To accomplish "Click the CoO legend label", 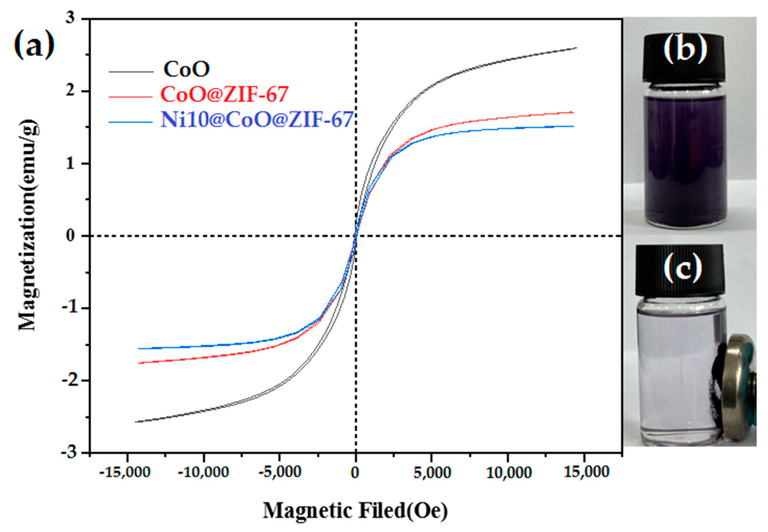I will point(186,70).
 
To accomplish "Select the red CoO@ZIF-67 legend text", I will point(224,95).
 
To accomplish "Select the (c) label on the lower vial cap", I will point(682,267).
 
